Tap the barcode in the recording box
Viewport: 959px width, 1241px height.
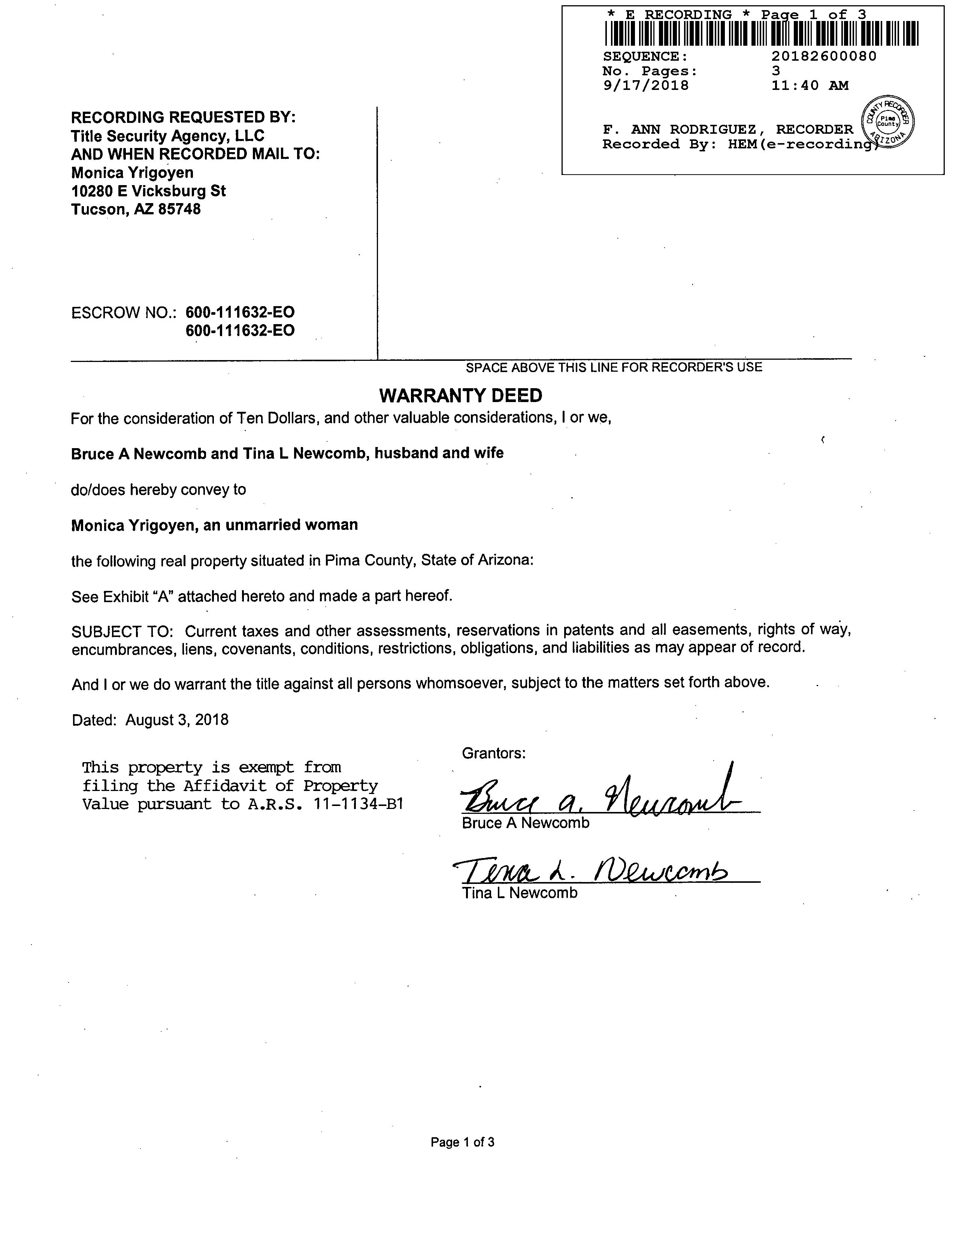point(761,33)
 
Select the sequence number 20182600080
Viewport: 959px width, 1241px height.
point(824,56)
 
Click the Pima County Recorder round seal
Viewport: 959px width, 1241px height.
point(888,122)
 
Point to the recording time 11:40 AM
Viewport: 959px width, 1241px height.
point(810,86)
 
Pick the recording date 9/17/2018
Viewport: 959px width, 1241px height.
point(645,86)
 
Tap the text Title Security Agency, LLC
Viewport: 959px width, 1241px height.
point(167,136)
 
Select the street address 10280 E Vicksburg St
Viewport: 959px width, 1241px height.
point(148,191)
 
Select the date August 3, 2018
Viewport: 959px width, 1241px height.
point(177,720)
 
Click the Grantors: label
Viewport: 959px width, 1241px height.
point(494,754)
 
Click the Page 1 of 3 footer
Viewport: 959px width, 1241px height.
point(463,1142)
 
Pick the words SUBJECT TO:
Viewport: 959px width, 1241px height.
point(122,631)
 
